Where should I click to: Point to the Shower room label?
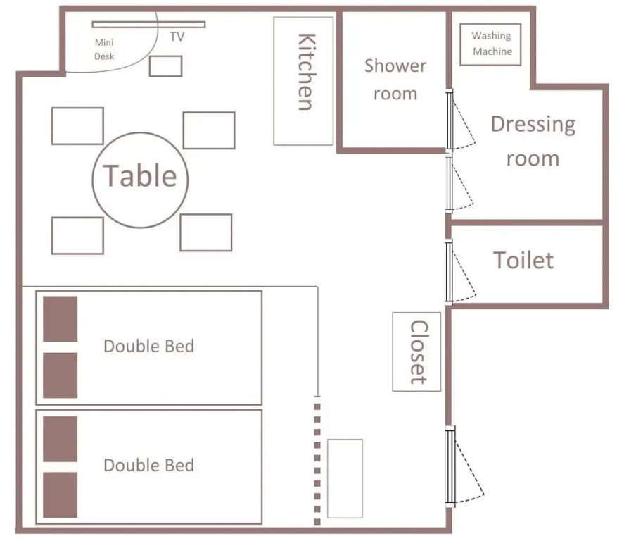tap(395, 80)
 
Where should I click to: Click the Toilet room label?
tap(523, 261)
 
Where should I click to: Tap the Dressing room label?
tap(533, 141)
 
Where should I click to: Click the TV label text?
tap(177, 37)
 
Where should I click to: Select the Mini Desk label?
tap(104, 49)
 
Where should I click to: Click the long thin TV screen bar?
tap(149, 25)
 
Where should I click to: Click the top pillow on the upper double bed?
tap(60, 318)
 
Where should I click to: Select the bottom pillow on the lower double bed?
tap(60, 495)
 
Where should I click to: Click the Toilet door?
tap(449, 273)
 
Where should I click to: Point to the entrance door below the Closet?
tap(450, 466)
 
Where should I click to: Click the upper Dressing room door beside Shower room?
tap(450, 120)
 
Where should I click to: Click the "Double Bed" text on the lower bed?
tap(149, 466)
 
